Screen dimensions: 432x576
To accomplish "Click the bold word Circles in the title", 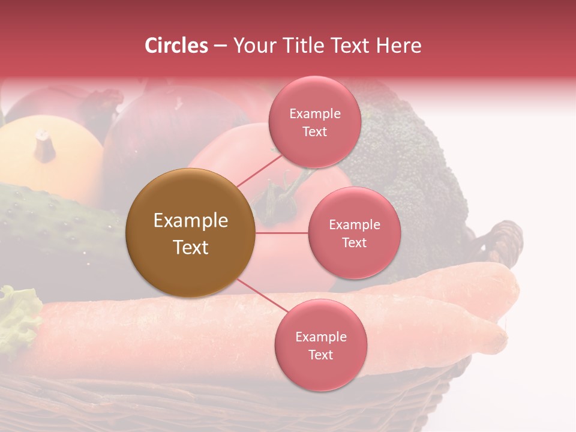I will pyautogui.click(x=176, y=46).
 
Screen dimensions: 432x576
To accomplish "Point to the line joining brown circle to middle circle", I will pyautogui.click(x=281, y=233).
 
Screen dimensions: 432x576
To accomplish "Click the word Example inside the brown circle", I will pyautogui.click(x=190, y=221).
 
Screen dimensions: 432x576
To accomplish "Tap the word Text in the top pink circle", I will pyautogui.click(x=315, y=132).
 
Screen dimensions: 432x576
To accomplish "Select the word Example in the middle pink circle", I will pyautogui.click(x=354, y=225).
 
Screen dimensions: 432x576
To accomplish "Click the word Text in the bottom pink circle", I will pyautogui.click(x=320, y=355).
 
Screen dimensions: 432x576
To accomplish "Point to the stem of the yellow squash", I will pyautogui.click(x=44, y=145).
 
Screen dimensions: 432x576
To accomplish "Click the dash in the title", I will pyautogui.click(x=220, y=46).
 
